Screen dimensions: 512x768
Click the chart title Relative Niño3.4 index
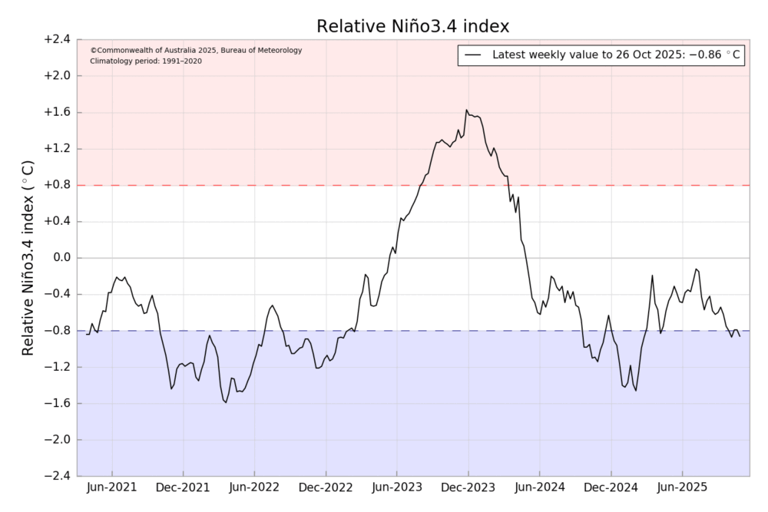coord(413,27)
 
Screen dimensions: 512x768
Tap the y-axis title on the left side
coord(28,257)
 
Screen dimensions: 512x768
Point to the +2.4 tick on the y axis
coord(56,39)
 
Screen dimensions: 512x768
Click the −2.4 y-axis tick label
coord(56,477)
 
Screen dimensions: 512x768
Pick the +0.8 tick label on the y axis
coord(56,185)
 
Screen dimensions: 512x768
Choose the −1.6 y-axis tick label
coord(56,404)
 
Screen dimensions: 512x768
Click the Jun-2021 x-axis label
coord(113,487)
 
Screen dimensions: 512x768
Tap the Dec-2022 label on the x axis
coord(326,487)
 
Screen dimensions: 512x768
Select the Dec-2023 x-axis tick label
coord(468,487)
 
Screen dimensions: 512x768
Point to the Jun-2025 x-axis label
coord(683,487)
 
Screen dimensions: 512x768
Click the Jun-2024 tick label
coord(540,487)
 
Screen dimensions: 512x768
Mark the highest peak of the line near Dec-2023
coord(467,110)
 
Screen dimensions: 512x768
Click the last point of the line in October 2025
coord(740,336)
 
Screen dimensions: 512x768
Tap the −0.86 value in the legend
coord(714,55)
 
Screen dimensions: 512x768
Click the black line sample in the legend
coord(474,55)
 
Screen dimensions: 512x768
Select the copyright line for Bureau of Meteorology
coord(196,51)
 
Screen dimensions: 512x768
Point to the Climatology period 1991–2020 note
coord(146,61)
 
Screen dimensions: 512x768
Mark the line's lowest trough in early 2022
coord(226,402)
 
